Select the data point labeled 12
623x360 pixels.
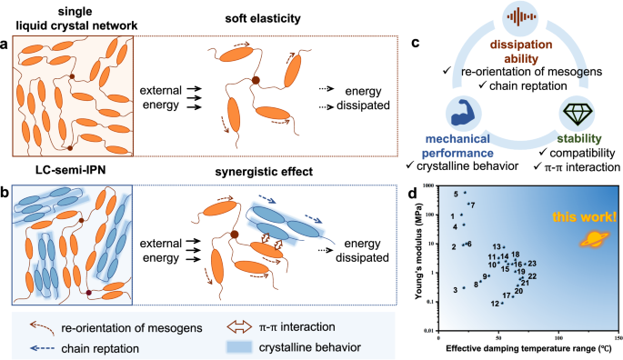pyautogui.click(x=502, y=304)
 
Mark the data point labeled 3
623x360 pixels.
pyautogui.click(x=464, y=288)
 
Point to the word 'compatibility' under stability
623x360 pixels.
pyautogui.click(x=577, y=153)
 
